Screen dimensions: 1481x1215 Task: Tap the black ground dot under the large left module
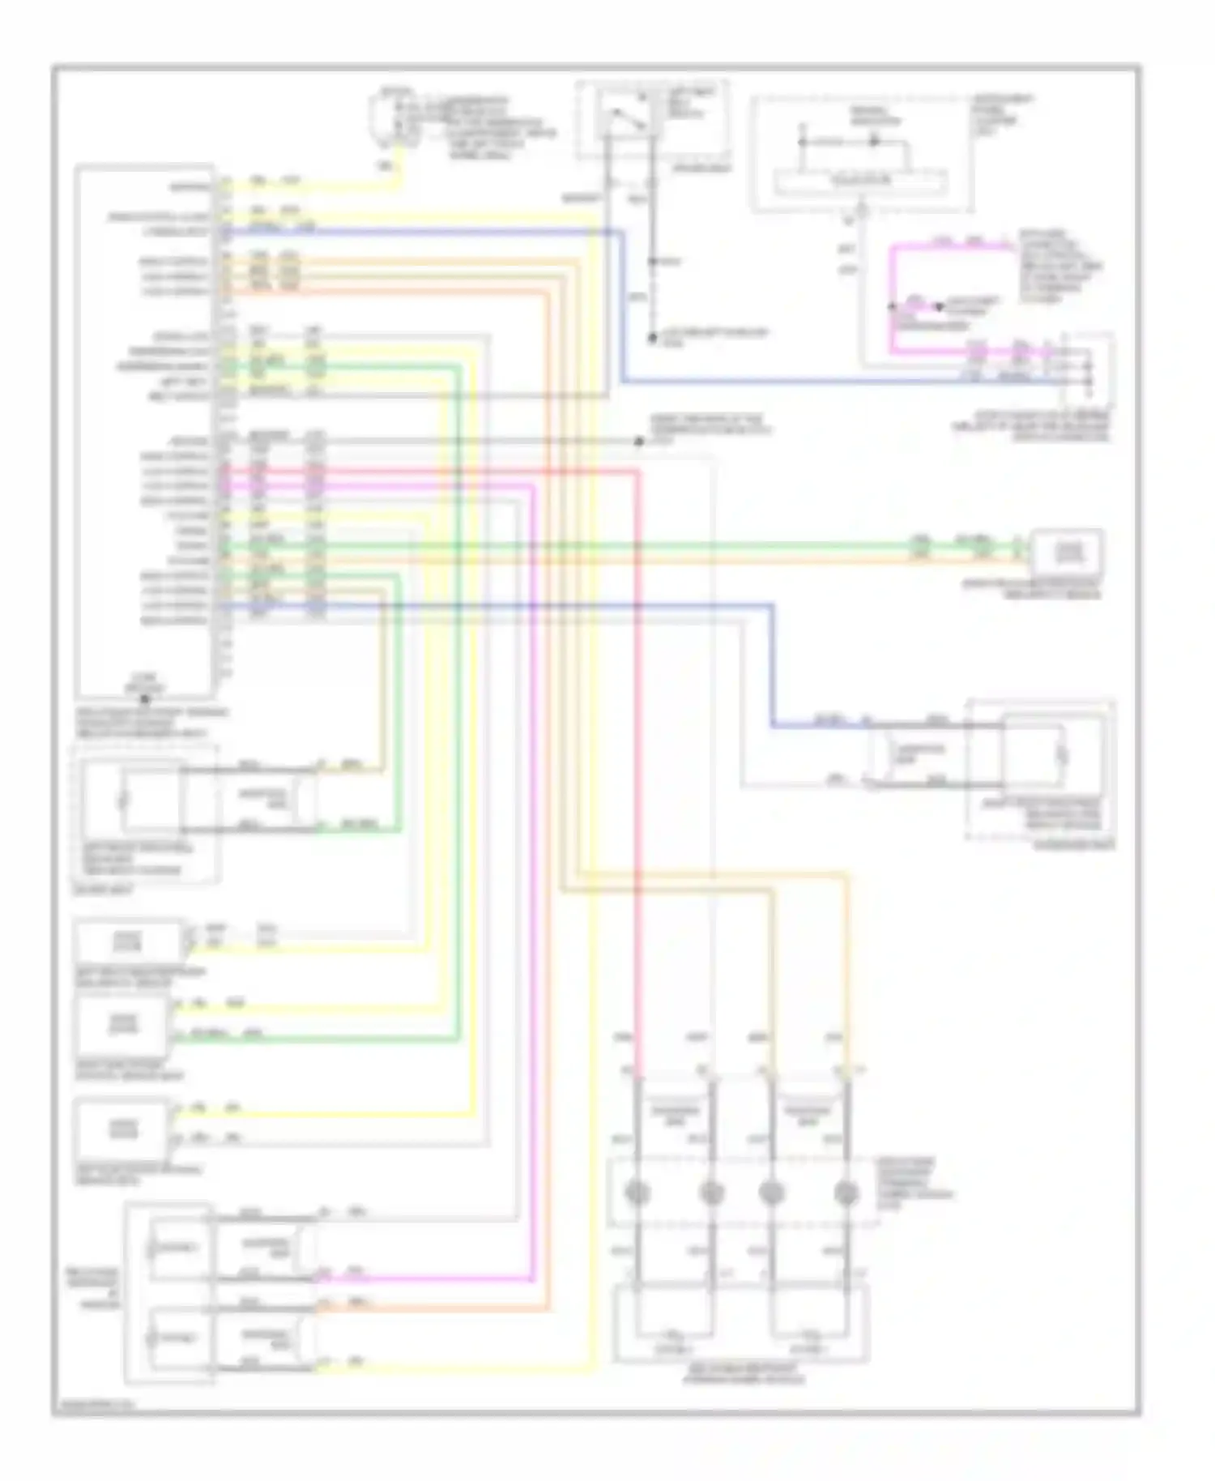click(145, 698)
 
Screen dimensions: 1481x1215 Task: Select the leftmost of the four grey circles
click(638, 1193)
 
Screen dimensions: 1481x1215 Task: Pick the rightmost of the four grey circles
click(846, 1193)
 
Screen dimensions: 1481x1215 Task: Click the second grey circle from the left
click(710, 1193)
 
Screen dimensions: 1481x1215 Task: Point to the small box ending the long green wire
click(1066, 553)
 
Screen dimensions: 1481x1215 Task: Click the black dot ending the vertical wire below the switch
click(652, 337)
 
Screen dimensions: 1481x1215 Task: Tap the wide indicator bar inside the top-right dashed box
click(860, 182)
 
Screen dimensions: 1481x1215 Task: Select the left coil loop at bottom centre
click(674, 1334)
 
